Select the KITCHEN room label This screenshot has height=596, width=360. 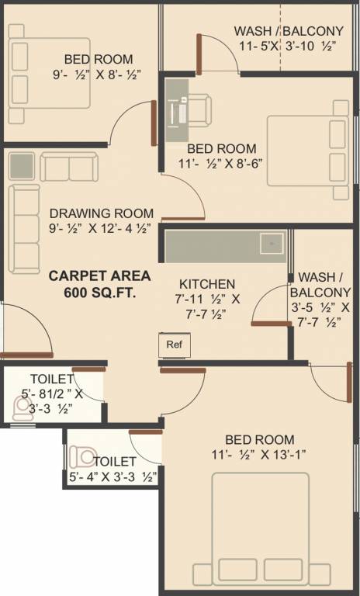pos(207,284)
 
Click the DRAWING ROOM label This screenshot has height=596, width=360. pos(101,213)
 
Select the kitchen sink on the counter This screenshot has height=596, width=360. pos(272,243)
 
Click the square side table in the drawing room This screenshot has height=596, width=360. pos(22,166)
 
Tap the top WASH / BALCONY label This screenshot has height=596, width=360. pos(289,31)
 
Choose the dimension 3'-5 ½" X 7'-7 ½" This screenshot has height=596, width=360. pos(320,314)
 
